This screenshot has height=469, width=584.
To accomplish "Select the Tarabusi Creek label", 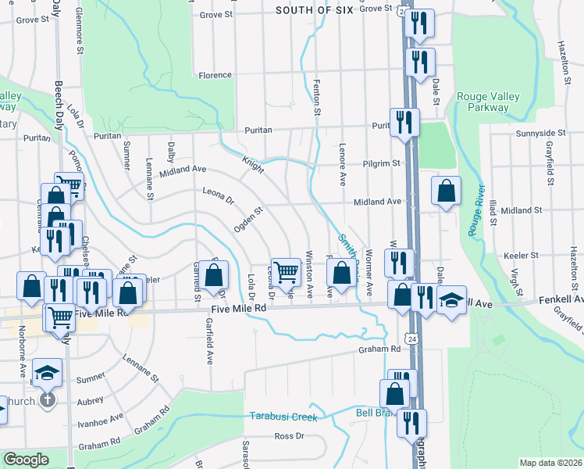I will coord(283,417).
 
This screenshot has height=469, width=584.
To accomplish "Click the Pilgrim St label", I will coord(380,163).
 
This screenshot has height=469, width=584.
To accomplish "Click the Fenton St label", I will coord(317,97).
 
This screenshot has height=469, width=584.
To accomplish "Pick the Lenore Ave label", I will coord(342,164).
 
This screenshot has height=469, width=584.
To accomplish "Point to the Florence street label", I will coord(215,75).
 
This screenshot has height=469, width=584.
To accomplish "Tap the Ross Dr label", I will coord(289,435).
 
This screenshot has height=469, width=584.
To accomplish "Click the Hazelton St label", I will coord(562,59).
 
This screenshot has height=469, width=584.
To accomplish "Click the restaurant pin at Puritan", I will coord(404,121).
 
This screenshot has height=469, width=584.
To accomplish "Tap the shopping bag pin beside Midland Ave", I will coord(445,190).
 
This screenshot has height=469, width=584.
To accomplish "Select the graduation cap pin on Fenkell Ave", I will coord(451,299).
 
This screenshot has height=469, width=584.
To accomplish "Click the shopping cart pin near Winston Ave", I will coord(287,272).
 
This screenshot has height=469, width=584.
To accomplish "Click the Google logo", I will coord(26,460).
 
